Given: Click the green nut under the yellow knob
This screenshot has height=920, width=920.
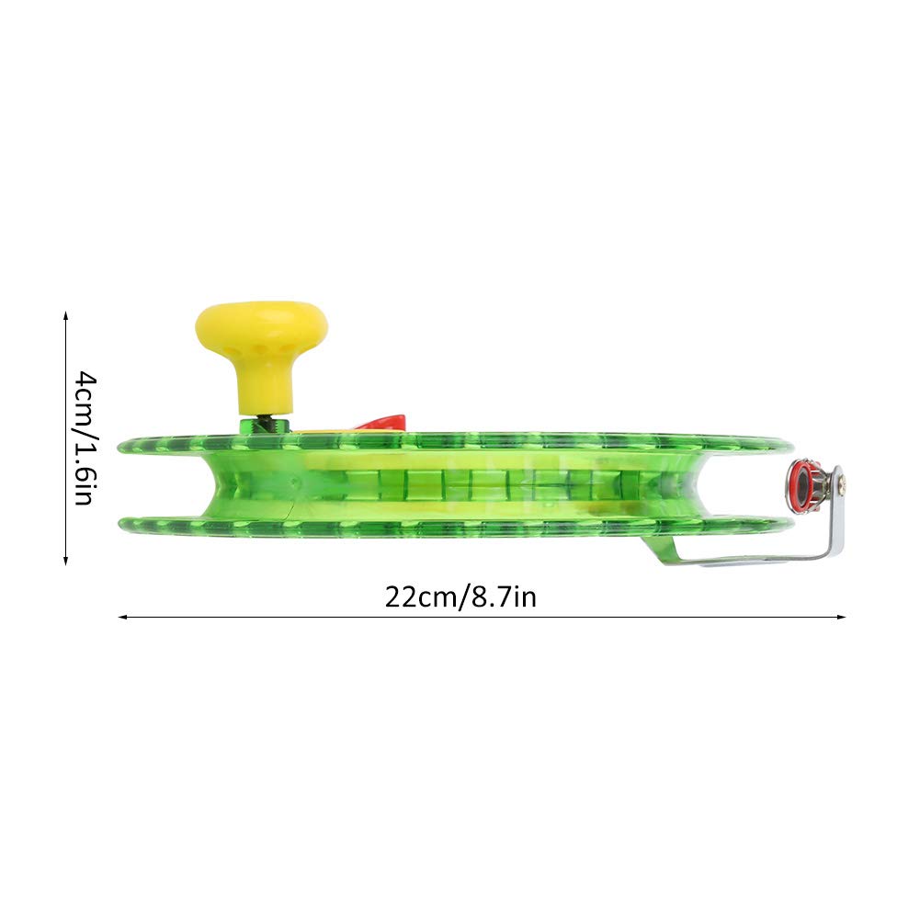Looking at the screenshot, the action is pos(265,425).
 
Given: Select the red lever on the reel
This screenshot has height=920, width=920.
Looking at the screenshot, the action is pos(380,423).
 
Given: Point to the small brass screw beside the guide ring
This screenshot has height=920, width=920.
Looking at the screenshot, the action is pos(843,483).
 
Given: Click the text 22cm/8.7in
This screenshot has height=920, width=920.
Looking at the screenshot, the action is pos(460,597).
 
